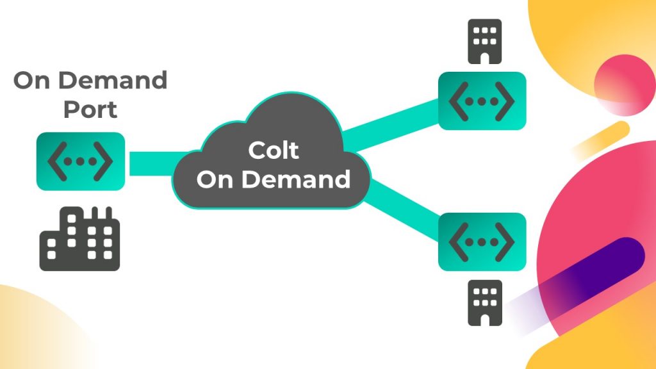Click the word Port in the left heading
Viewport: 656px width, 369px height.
pos(90,110)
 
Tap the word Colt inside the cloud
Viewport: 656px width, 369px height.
pos(274,151)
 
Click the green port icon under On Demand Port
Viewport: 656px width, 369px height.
pos(80,161)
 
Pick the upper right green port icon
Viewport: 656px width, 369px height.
pos(482,101)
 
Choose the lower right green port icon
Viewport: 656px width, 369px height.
pos(482,242)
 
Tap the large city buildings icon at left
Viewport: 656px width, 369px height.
pos(80,238)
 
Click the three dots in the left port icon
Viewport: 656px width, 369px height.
pos(80,161)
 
